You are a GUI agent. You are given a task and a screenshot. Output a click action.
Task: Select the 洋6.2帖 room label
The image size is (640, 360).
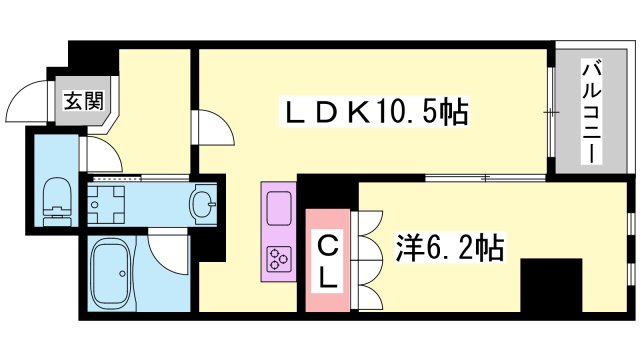click(447, 245)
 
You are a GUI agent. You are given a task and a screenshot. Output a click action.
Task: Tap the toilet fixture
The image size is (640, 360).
click(57, 196)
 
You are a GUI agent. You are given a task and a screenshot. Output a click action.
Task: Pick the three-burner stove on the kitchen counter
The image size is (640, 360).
click(277, 259)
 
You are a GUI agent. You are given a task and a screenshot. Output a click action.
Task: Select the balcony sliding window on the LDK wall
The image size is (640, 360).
click(549, 112)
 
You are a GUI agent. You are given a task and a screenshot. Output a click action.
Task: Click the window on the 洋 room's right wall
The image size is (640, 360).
click(630, 250)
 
